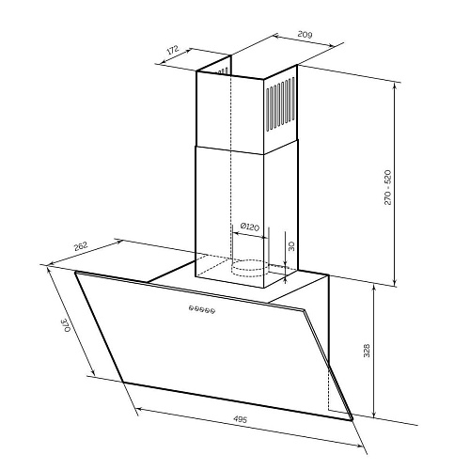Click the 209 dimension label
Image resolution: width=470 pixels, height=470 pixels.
305,35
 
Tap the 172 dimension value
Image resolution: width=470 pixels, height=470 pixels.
173,50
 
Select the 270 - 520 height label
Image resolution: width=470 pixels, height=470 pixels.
387,187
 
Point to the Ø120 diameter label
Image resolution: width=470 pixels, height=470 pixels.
250,227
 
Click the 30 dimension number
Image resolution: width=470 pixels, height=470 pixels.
291,246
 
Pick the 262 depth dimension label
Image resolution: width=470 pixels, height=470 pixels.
81,246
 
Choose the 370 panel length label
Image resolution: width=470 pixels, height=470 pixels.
66,325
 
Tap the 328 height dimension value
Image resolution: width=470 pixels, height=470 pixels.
367,351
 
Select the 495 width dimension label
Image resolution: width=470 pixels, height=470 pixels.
241,419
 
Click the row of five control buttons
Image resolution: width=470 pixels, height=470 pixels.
202,309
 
